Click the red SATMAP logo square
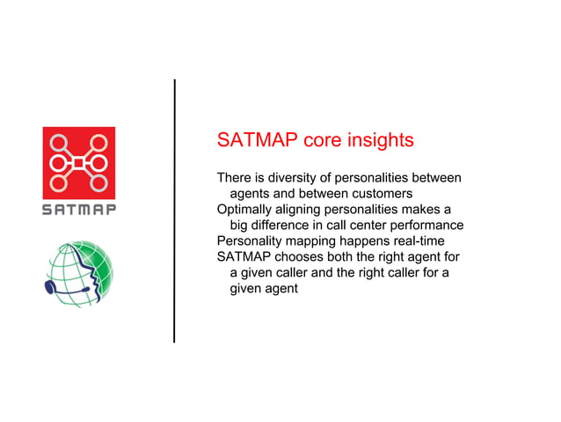pos(79,163)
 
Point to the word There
pos(235,177)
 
